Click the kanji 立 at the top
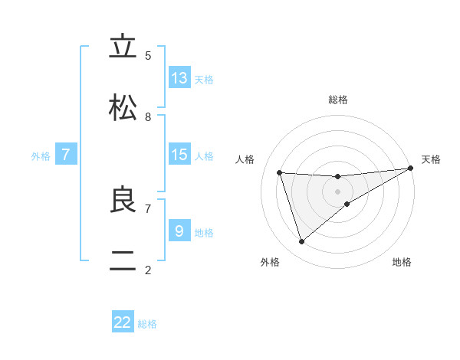tap(123, 47)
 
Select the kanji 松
tap(123, 108)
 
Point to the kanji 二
tap(123, 261)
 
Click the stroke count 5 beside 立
tap(148, 55)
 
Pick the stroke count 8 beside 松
tap(148, 116)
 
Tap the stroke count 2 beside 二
tap(148, 270)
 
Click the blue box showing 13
tap(179, 78)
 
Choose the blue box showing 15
tap(179, 155)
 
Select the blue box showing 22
tap(123, 322)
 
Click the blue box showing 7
tap(66, 155)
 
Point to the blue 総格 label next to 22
tap(147, 324)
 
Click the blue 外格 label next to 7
tap(41, 156)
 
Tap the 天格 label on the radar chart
tap(431, 159)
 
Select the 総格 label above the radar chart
tap(338, 100)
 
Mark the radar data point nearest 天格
tap(411, 169)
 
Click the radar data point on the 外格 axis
tap(301, 242)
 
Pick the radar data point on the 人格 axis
tap(280, 172)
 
